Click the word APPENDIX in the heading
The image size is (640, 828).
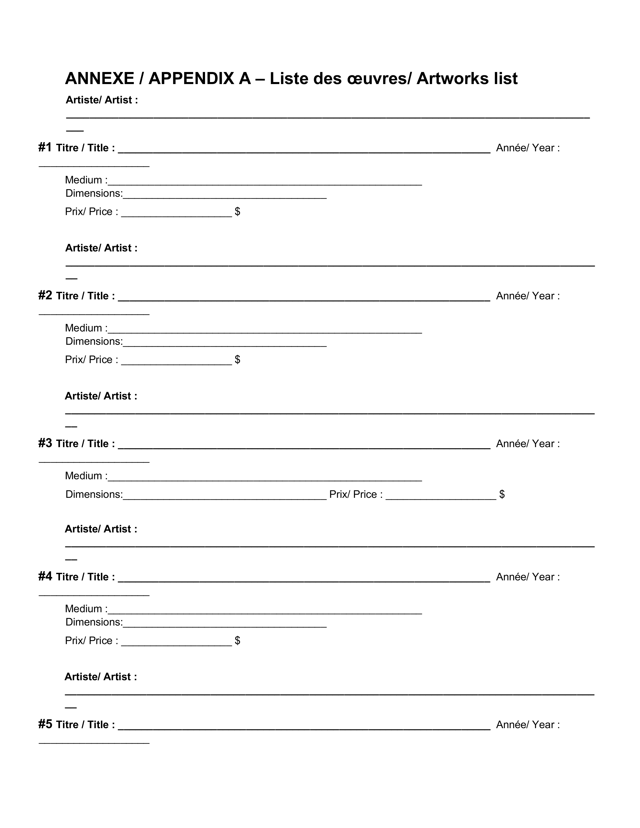(200, 79)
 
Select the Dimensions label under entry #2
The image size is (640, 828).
(94, 341)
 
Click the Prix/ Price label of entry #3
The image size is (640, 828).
(356, 494)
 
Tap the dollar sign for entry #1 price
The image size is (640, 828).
(237, 211)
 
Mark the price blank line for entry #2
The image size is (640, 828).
(176, 363)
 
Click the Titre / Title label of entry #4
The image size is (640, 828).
(85, 577)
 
